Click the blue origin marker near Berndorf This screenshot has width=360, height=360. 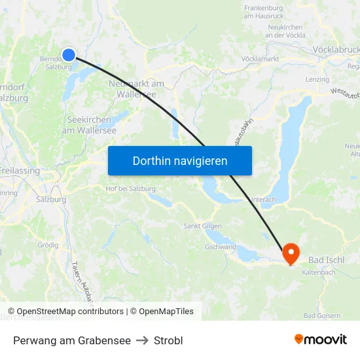[x=69, y=55]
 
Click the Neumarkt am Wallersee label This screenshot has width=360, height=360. [x=137, y=88]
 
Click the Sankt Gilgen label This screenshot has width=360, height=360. [x=201, y=226]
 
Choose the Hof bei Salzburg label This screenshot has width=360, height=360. [x=130, y=189]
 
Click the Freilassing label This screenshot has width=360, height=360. [x=20, y=171]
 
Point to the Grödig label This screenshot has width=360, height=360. [x=48, y=245]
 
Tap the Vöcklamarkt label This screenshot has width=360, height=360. [x=260, y=59]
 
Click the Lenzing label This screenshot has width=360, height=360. [x=317, y=79]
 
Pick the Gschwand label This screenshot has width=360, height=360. [x=220, y=247]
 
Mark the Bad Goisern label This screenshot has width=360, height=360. [x=322, y=315]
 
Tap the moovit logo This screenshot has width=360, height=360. [x=320, y=339]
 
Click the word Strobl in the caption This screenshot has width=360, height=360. [x=168, y=340]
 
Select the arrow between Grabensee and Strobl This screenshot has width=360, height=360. [x=142, y=340]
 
